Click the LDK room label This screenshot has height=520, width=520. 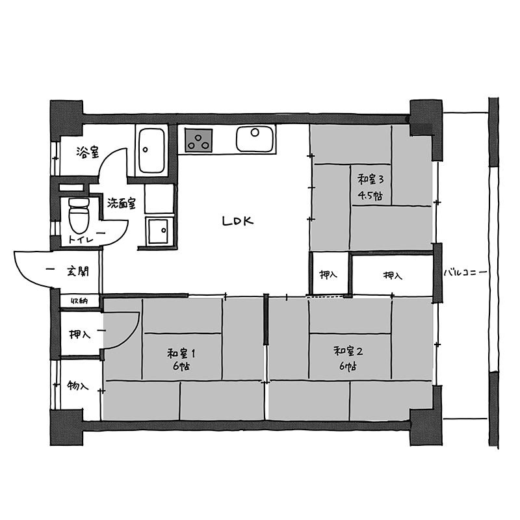[x=238, y=221]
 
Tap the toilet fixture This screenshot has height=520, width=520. [x=79, y=215]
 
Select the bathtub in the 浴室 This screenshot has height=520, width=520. [x=151, y=151]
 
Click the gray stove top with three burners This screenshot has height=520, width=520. [x=199, y=140]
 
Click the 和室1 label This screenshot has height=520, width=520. [x=181, y=354]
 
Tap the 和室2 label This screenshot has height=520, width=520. [x=348, y=351]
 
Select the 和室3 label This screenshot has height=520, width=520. [x=370, y=180]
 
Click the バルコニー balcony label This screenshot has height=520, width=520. [x=465, y=273]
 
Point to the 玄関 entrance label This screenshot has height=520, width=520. [x=78, y=271]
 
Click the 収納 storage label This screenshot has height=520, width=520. [x=79, y=301]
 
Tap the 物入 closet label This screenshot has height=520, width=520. [x=77, y=385]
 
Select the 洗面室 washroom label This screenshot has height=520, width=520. [x=122, y=203]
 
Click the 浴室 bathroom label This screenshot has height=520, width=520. [x=88, y=152]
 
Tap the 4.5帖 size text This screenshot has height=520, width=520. [x=370, y=196]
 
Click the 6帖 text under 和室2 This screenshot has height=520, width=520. [x=348, y=367]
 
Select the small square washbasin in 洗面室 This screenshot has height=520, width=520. [x=158, y=231]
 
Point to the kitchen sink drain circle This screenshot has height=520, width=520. [x=255, y=133]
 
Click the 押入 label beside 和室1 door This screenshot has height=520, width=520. [x=79, y=333]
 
